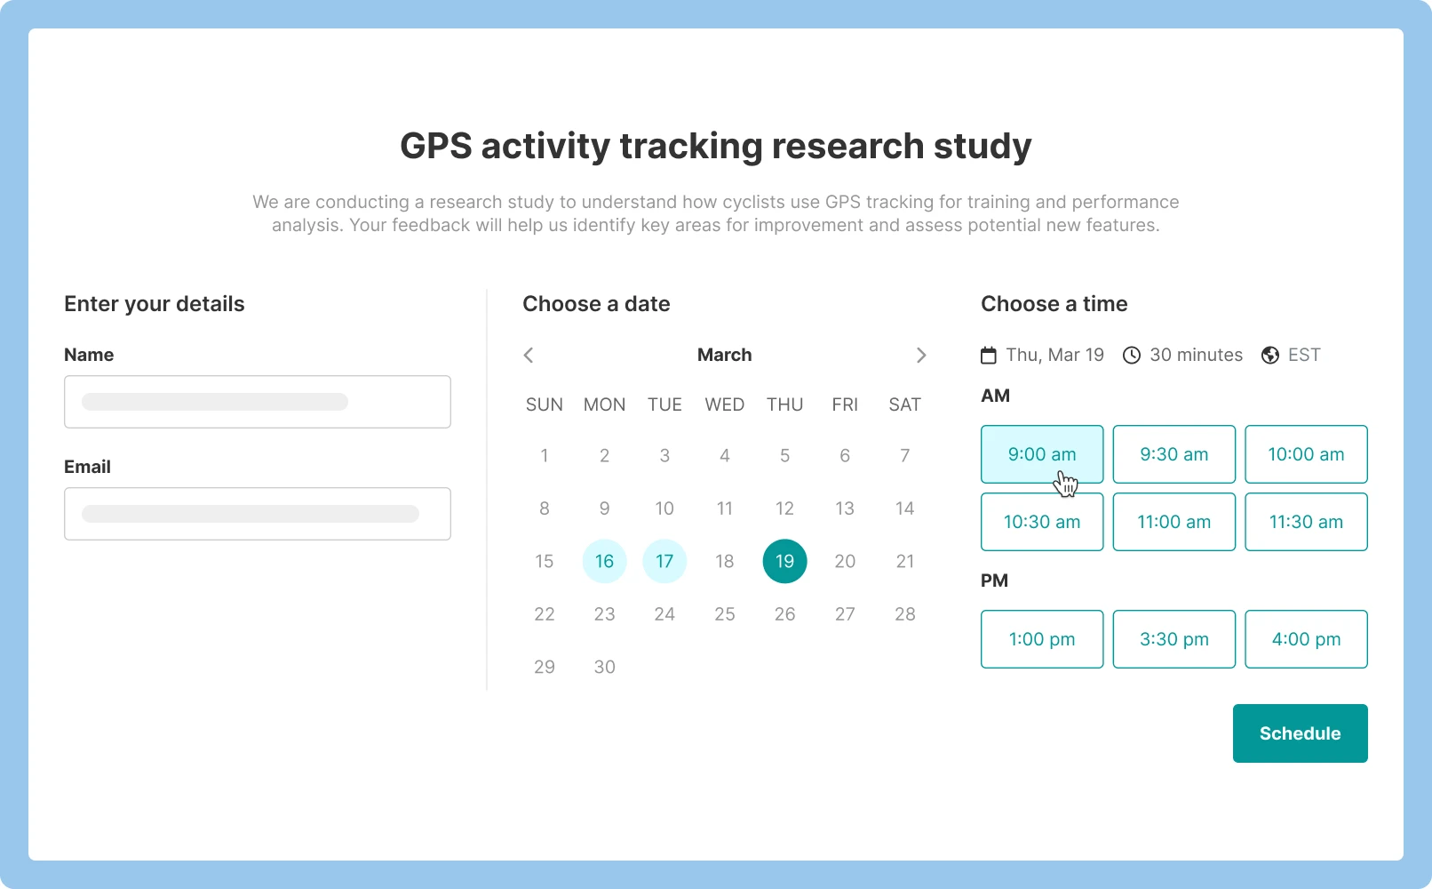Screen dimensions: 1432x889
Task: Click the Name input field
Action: pyautogui.click(x=257, y=402)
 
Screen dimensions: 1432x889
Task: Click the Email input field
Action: pyautogui.click(x=257, y=514)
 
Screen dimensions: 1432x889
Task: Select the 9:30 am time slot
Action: pyautogui.click(x=1173, y=454)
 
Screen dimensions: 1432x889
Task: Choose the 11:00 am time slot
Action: pyautogui.click(x=1173, y=521)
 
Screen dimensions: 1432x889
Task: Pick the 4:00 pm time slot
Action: pyautogui.click(x=1306, y=639)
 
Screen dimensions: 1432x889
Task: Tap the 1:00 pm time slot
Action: pyautogui.click(x=1042, y=639)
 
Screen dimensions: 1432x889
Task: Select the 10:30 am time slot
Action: pyautogui.click(x=1042, y=521)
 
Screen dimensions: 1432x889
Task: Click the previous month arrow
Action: pyautogui.click(x=528, y=355)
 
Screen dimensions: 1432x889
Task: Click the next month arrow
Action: pyautogui.click(x=921, y=355)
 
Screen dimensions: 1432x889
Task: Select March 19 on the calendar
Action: pyautogui.click(x=784, y=561)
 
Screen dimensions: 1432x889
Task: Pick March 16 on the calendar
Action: pyautogui.click(x=604, y=561)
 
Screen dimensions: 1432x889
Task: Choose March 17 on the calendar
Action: pyautogui.click(x=664, y=561)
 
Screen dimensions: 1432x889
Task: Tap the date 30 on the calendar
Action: pyautogui.click(x=604, y=667)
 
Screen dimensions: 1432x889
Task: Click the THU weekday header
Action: pyautogui.click(x=784, y=404)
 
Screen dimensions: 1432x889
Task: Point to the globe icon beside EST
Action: pyautogui.click(x=1269, y=355)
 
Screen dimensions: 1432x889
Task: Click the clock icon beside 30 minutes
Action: pyautogui.click(x=1132, y=355)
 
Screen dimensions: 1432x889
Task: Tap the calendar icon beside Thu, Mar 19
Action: pyautogui.click(x=989, y=355)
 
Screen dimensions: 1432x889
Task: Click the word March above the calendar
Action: pyautogui.click(x=724, y=355)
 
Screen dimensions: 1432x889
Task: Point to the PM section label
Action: pyautogui.click(x=994, y=581)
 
